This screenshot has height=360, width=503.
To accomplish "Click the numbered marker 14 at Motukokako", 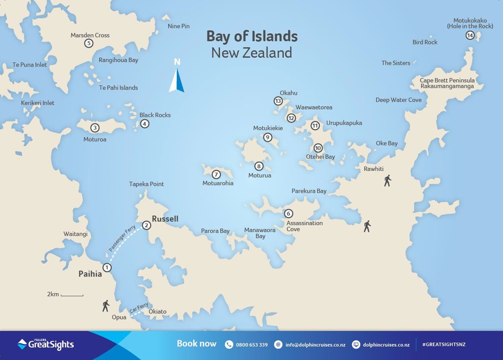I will coord(470,35).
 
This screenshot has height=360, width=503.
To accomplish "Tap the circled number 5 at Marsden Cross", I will coord(89,43).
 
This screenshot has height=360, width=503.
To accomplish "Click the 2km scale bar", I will coord(72,295).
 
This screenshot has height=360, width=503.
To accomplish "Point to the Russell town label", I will coord(165,219).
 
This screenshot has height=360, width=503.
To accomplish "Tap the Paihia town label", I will coord(90,274).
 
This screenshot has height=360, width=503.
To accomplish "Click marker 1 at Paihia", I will coord(107,268).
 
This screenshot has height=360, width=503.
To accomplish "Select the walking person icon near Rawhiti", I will coord(387,181).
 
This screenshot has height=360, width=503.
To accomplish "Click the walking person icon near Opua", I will coord(106,306).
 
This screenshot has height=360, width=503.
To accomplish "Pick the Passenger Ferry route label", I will coord(122,239).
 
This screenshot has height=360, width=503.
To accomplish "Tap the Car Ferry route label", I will coord(139,308).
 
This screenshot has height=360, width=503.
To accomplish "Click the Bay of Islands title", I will coord(252,36).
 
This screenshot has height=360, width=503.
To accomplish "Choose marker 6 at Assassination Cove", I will coord(288,214).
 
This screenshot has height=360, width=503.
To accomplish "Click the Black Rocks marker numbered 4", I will coord(144,124).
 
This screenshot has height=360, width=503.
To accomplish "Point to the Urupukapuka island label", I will coord(344,123).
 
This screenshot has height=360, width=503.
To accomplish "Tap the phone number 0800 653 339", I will coord(251,345).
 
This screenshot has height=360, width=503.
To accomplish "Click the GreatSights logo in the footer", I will coord(45,344).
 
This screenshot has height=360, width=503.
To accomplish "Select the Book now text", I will coord(197,344).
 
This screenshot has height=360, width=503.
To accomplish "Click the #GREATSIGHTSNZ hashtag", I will coord(443,345).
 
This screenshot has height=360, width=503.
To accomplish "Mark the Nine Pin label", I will coord(178,26).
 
